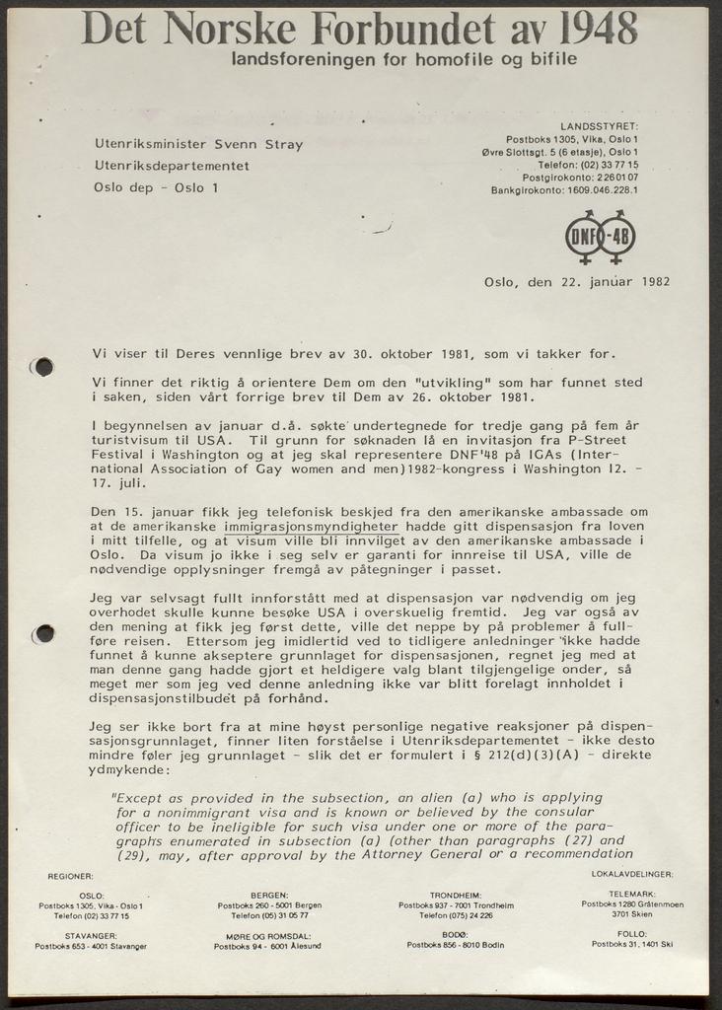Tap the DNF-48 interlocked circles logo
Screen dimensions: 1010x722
[600, 237]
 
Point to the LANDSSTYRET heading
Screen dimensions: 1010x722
[599, 126]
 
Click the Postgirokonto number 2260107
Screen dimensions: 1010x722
[608, 178]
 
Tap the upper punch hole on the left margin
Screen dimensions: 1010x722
[42, 367]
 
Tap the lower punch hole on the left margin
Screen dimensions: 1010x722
[42, 633]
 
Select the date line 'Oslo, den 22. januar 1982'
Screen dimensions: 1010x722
[577, 281]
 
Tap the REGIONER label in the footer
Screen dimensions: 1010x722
[70, 876]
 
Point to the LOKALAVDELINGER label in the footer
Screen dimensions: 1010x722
[631, 874]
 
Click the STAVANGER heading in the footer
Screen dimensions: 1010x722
[91, 934]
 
